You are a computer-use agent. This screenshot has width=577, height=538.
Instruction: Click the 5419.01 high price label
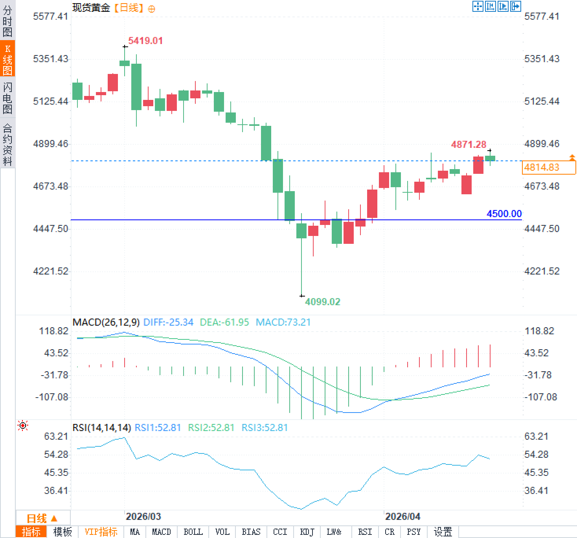click(145, 41)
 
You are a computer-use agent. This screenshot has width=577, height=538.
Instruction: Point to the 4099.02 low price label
click(323, 302)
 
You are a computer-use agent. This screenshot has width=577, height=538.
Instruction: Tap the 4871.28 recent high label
click(469, 144)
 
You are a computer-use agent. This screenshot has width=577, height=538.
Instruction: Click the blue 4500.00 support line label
click(504, 214)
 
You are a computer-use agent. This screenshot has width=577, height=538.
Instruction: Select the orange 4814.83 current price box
click(549, 168)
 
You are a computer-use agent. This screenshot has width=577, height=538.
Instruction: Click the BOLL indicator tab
click(193, 532)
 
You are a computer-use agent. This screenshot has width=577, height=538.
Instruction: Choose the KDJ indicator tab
click(307, 532)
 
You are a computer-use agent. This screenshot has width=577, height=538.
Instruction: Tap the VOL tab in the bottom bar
click(222, 532)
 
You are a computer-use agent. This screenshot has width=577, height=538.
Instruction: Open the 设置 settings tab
click(443, 532)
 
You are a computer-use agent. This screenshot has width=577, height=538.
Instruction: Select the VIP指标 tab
click(101, 532)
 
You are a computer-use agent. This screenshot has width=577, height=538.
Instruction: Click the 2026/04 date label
click(402, 516)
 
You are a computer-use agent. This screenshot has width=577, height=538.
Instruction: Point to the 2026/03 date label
click(143, 516)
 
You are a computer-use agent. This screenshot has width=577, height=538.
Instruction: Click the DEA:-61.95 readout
click(224, 322)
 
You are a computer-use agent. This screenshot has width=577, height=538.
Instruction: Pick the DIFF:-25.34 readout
click(168, 322)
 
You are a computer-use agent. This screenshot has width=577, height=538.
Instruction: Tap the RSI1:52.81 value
click(158, 427)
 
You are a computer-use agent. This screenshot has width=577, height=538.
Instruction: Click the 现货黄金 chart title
click(91, 8)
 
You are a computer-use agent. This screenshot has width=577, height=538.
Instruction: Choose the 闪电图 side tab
click(7, 98)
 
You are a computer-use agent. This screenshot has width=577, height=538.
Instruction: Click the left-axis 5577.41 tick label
click(50, 16)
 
